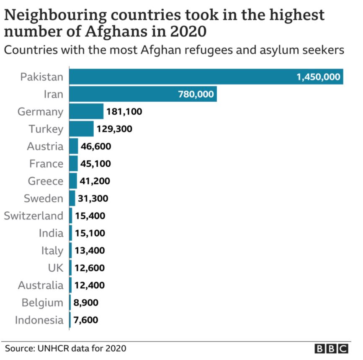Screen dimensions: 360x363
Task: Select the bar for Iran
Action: [x=142, y=94]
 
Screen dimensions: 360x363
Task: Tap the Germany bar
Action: [x=86, y=112]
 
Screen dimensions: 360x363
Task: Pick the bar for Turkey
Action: [x=81, y=129]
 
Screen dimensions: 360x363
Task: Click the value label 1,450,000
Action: [x=318, y=77]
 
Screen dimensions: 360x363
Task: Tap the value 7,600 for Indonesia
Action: [x=86, y=320]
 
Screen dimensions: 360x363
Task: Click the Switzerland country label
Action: [x=33, y=216]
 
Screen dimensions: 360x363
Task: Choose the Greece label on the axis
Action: [x=46, y=181]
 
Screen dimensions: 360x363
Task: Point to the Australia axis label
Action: [x=41, y=285]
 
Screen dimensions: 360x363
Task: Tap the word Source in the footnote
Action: [x=19, y=348]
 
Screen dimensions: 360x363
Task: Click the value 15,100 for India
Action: [x=90, y=233]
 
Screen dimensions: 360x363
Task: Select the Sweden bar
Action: [x=72, y=198]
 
